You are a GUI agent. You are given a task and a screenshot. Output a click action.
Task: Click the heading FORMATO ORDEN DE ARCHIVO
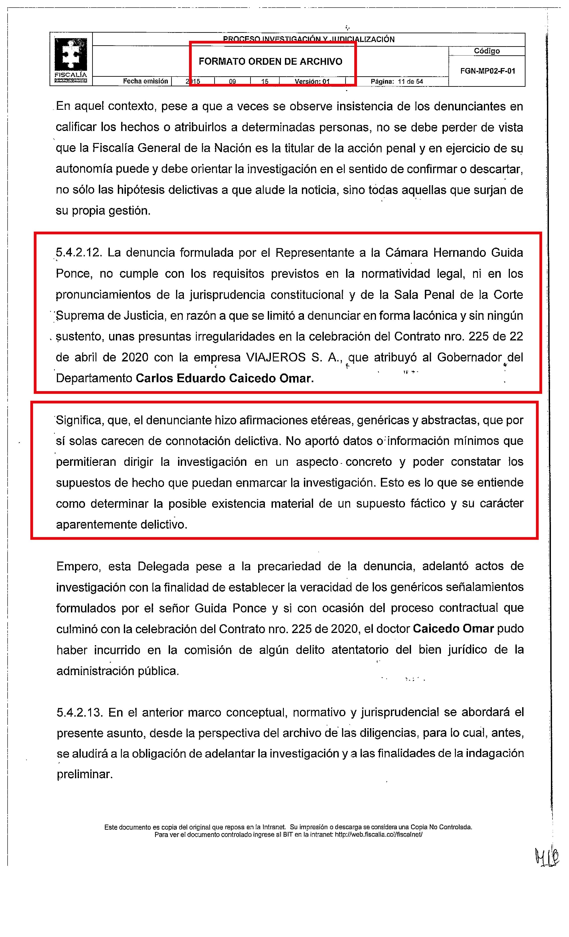click(270, 62)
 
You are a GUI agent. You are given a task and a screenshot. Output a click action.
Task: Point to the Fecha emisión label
click(145, 81)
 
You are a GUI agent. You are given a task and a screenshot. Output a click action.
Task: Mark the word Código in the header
click(487, 51)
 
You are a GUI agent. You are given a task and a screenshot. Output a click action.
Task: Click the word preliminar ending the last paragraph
click(84, 774)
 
